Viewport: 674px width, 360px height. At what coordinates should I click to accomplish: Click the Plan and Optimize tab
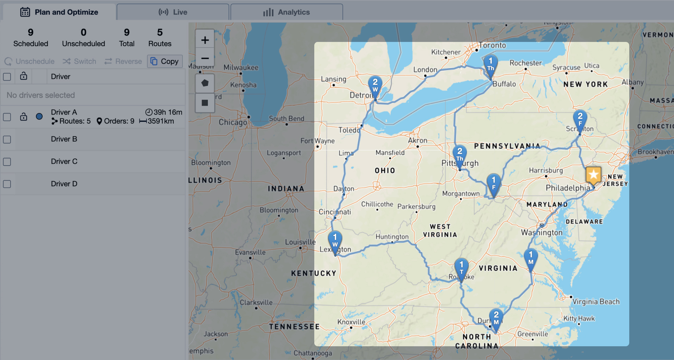[59, 12]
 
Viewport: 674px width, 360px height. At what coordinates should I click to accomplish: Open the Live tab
[173, 12]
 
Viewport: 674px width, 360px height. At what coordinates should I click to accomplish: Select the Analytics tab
[286, 12]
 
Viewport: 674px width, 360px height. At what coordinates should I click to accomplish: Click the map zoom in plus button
[205, 40]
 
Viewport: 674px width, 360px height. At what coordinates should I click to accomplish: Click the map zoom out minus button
[205, 58]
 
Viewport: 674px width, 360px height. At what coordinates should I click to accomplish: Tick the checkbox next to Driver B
[7, 139]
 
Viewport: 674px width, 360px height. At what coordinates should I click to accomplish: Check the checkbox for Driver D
[7, 184]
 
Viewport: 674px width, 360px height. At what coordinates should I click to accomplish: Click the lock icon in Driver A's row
[24, 117]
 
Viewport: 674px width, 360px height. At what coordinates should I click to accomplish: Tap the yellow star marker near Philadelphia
[593, 175]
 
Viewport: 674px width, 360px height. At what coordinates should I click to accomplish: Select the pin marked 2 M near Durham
[496, 318]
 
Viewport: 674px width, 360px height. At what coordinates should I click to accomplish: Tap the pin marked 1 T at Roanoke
[461, 268]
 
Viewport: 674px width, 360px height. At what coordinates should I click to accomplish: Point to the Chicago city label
[233, 122]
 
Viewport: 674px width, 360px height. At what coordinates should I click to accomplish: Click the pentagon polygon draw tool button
[205, 83]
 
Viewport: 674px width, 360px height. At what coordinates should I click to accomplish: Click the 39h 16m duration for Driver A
[164, 112]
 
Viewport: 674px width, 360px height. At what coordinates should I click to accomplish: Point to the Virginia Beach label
[596, 302]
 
